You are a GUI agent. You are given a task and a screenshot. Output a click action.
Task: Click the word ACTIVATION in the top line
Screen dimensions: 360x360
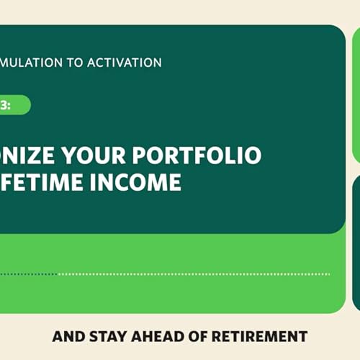click(x=125, y=62)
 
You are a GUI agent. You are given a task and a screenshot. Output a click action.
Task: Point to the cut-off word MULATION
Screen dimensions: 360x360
click(x=32, y=62)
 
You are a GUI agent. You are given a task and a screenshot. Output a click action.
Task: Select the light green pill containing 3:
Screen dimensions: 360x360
click(x=14, y=105)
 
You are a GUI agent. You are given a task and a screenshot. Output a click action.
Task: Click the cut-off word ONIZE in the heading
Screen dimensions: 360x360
click(x=35, y=156)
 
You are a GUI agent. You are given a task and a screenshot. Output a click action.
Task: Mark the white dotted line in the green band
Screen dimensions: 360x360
click(x=194, y=274)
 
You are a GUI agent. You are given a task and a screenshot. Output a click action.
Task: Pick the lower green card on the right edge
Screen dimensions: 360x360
click(x=356, y=238)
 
